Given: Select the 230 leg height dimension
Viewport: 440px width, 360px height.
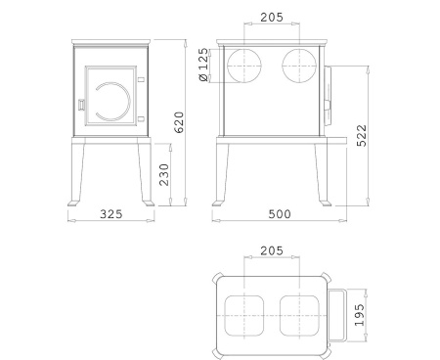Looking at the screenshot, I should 164,175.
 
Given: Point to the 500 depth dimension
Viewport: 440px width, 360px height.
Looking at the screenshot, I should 278,214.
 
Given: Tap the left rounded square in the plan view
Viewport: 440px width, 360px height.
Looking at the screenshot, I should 242,313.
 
